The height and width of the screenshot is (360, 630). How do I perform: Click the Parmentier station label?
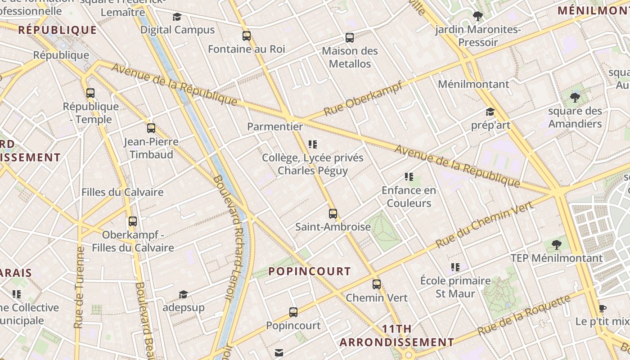click(x=275, y=126)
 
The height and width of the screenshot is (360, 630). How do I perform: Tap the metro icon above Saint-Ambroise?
click(x=333, y=213)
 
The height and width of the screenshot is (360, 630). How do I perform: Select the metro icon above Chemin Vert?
click(x=377, y=284)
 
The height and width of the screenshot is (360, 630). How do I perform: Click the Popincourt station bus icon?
click(x=293, y=312)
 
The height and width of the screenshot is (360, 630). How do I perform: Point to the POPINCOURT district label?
click(x=310, y=271)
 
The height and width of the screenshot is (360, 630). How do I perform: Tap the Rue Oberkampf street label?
click(x=363, y=99)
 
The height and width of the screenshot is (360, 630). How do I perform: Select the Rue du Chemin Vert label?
click(x=484, y=224)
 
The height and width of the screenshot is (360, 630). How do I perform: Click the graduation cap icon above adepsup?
click(x=183, y=295)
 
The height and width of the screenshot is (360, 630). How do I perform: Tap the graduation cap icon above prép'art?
click(x=490, y=112)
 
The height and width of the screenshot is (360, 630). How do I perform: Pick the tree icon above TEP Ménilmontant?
click(x=557, y=245)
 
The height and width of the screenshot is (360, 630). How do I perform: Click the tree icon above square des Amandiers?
click(x=575, y=97)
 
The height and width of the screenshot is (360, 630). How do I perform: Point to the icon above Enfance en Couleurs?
click(x=409, y=177)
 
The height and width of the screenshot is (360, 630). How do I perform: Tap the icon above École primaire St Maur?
click(x=455, y=267)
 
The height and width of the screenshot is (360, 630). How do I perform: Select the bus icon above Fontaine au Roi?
click(x=247, y=36)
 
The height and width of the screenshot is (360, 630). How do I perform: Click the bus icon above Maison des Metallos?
click(x=350, y=38)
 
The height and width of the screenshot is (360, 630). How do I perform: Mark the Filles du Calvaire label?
click(x=122, y=192)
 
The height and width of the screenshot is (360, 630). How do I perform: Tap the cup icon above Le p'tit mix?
click(x=602, y=308)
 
